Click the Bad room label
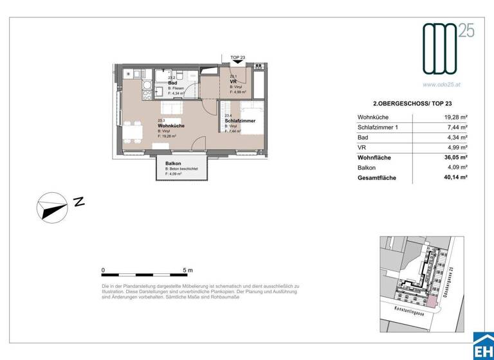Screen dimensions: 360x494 [172, 83]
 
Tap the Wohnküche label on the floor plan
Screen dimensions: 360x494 [171, 125]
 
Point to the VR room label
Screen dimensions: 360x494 [234, 82]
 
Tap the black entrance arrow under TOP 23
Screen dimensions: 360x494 [237, 64]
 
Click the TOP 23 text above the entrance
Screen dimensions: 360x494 [237, 58]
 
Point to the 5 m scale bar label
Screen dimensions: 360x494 [188, 270]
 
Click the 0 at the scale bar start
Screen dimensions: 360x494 [104, 270]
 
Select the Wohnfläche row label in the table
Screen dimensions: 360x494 [374, 157]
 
